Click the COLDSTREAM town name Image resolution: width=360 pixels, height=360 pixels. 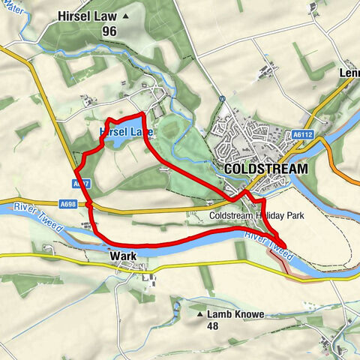(x=265, y=169)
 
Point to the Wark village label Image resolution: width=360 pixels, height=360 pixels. (x=123, y=256)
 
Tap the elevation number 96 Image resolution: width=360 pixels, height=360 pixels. (x=110, y=31)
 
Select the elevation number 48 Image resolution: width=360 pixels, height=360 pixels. (x=214, y=326)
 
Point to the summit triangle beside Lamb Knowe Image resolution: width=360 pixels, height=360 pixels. (x=200, y=313)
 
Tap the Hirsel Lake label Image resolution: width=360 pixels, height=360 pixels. (x=124, y=131)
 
